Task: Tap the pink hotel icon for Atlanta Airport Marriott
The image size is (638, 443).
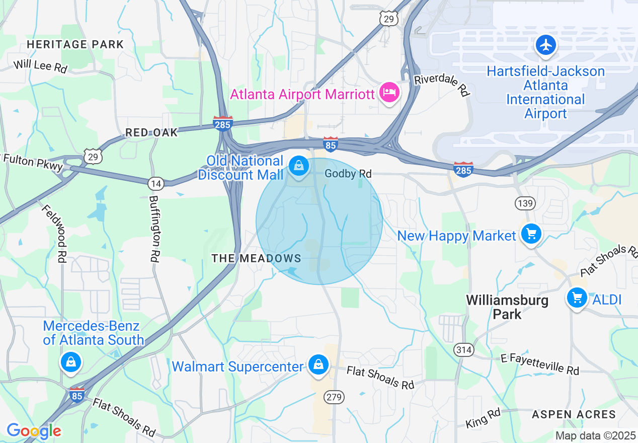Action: click(389, 93)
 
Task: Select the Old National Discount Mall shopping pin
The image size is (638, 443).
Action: click(299, 166)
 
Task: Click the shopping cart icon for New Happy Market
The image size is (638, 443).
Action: click(531, 234)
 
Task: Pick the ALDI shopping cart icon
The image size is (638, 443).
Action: click(577, 298)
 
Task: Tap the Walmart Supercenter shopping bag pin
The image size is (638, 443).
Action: click(318, 365)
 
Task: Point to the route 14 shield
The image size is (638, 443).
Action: click(155, 184)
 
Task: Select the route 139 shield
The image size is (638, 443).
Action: click(523, 203)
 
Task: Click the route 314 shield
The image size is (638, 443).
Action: click(463, 349)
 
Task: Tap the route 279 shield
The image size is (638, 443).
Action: click(334, 397)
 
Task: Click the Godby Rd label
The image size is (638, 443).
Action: click(348, 174)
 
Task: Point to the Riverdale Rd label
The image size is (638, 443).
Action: click(442, 86)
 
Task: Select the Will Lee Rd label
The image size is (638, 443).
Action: click(40, 66)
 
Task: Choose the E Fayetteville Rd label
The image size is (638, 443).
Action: click(540, 364)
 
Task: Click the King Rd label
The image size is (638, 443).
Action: click(483, 419)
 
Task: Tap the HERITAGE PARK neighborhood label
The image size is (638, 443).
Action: click(75, 44)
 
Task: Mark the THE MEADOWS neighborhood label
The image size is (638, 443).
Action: click(256, 258)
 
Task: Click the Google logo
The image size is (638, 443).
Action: click(34, 431)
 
